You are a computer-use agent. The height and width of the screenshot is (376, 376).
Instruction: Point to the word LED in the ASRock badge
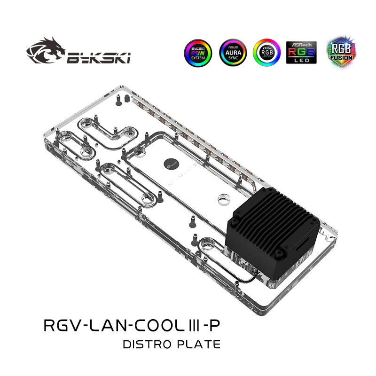(301, 60)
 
